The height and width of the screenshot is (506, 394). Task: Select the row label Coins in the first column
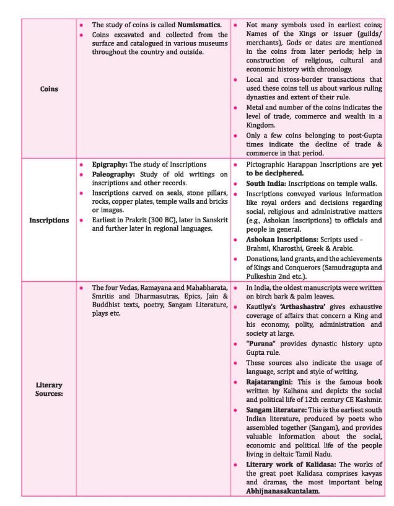(x=48, y=89)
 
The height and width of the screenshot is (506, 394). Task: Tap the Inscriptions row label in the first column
(x=48, y=220)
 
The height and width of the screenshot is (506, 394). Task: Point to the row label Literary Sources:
(x=48, y=389)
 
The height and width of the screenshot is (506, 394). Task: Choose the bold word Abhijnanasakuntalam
(x=282, y=491)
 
